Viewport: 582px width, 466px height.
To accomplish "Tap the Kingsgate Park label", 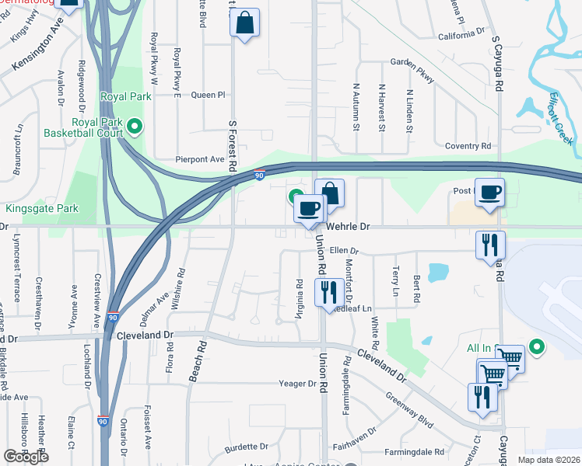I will (42, 209).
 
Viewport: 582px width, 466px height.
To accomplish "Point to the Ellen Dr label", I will (344, 251).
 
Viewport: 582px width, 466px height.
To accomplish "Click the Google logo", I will (26, 457).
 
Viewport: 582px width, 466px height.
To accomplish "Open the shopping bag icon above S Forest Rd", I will (244, 25).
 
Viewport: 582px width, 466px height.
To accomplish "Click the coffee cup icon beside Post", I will (489, 193).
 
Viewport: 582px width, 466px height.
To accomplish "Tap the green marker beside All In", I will (536, 346).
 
